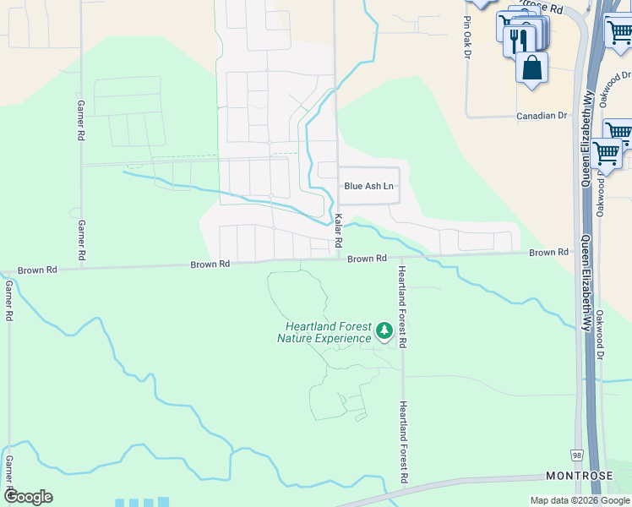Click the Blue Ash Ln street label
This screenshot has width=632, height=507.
pos(368,186)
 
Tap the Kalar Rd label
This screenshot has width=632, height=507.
pos(338,229)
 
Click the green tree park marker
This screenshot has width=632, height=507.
pos(384,330)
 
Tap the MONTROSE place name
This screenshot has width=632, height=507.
pos(580,477)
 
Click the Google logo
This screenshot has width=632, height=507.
pos(29,497)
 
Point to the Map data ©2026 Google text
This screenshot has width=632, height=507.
pos(580,500)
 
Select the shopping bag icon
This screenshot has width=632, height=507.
pos(532,68)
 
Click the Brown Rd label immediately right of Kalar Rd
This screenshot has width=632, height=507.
pos(367,258)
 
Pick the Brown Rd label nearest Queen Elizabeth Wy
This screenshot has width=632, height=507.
pos(549,253)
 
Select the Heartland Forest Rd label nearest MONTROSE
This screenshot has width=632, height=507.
pos(405,443)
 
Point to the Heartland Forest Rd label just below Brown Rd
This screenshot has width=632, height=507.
pos(403,307)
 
